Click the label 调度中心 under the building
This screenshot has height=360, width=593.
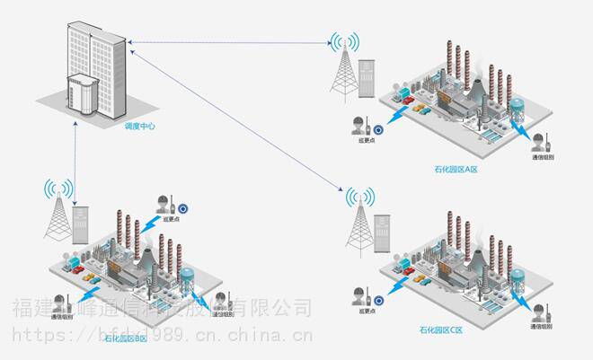(x=140, y=127)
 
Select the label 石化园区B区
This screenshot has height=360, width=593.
(x=126, y=338)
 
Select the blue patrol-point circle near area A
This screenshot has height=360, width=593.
(x=379, y=127)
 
